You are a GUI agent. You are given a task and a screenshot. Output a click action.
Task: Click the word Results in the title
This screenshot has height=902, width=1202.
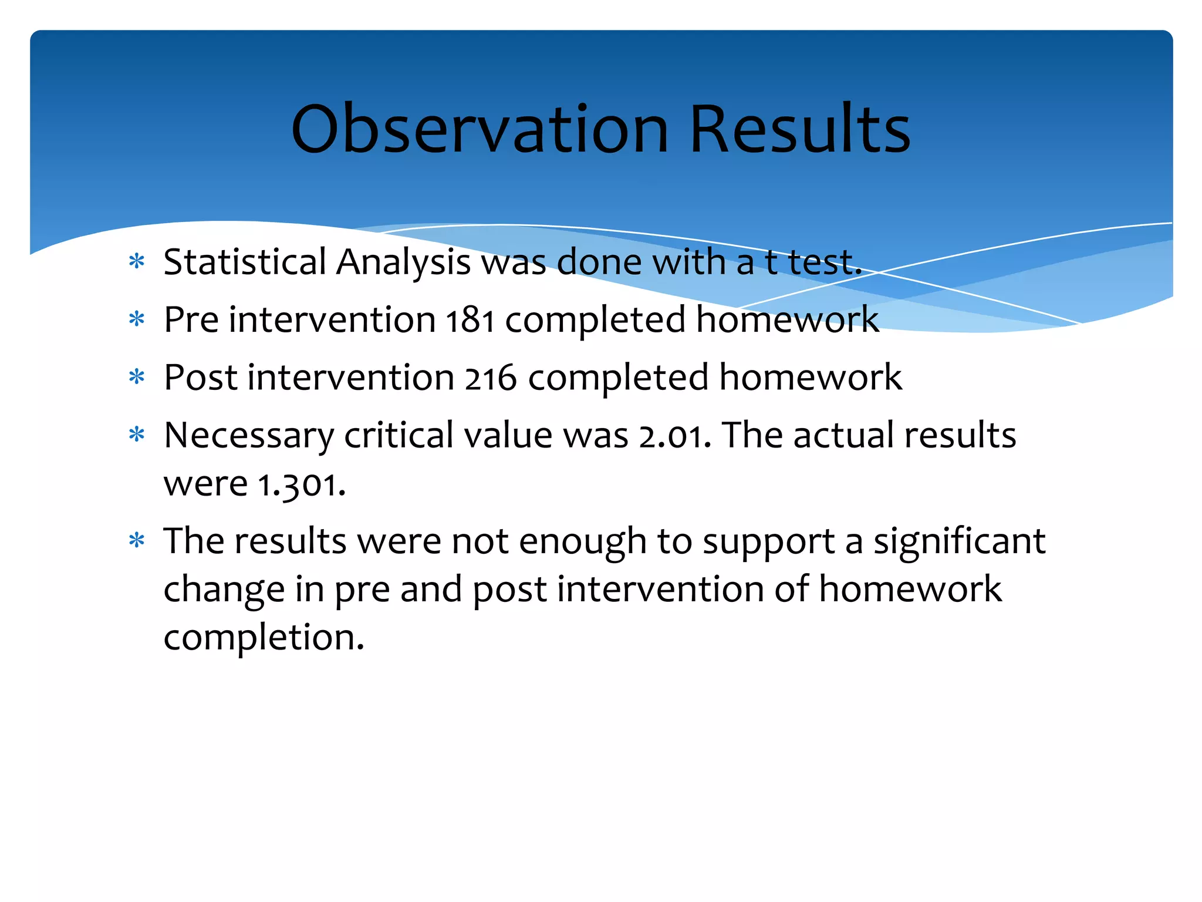[x=799, y=129]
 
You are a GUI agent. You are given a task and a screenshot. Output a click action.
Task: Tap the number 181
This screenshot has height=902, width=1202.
[x=470, y=321]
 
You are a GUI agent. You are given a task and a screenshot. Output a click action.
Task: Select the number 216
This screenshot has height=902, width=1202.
[x=491, y=378]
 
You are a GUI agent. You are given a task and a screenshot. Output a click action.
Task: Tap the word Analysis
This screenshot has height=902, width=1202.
[x=403, y=262]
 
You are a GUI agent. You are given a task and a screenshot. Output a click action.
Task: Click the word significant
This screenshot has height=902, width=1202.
[x=959, y=541]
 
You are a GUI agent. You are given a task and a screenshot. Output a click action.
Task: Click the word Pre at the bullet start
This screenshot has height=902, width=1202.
[x=191, y=321]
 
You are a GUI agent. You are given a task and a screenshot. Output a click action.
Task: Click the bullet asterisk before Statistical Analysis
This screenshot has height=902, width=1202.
[x=137, y=261]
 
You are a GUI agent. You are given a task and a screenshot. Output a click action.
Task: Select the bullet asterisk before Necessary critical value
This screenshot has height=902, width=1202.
[x=137, y=435]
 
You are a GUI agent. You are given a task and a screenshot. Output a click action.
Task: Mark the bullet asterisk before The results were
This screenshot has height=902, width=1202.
[x=137, y=540]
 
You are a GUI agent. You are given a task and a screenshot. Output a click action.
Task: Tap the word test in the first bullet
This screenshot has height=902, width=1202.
[x=824, y=262]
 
